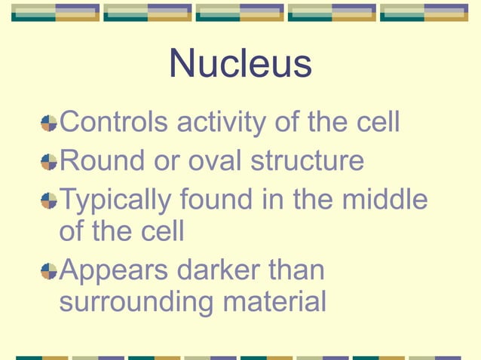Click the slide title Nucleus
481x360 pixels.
pyautogui.click(x=240, y=64)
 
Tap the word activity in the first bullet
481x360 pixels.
pyautogui.click(x=214, y=122)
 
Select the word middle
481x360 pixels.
pyautogui.click(x=385, y=200)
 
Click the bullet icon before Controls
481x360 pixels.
pyautogui.click(x=49, y=123)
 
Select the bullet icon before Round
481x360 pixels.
pyautogui.click(x=49, y=162)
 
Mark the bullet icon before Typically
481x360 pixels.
pyautogui.click(x=49, y=201)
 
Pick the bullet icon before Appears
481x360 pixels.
pyautogui.click(x=49, y=270)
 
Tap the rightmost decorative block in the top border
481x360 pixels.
pyautogui.click(x=424, y=12)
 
